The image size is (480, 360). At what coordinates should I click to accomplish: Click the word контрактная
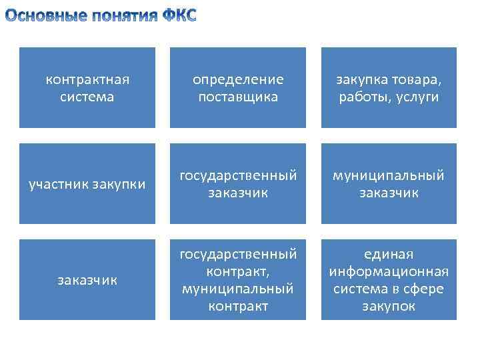coord(87,79)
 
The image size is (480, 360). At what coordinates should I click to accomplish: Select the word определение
coord(238,79)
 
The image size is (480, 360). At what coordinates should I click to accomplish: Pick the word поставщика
coord(238,97)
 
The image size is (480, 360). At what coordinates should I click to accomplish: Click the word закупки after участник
coord(120,184)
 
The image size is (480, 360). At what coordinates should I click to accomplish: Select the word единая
coord(389,254)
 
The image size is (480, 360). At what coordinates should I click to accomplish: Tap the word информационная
coord(389,271)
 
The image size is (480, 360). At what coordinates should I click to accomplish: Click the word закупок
coord(389,306)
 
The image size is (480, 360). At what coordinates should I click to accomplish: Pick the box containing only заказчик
coord(87,280)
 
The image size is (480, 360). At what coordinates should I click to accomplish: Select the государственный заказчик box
coord(238,184)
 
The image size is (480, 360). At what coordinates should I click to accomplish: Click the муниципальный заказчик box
coord(389,184)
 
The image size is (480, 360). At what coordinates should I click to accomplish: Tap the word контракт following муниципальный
coord(238,306)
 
